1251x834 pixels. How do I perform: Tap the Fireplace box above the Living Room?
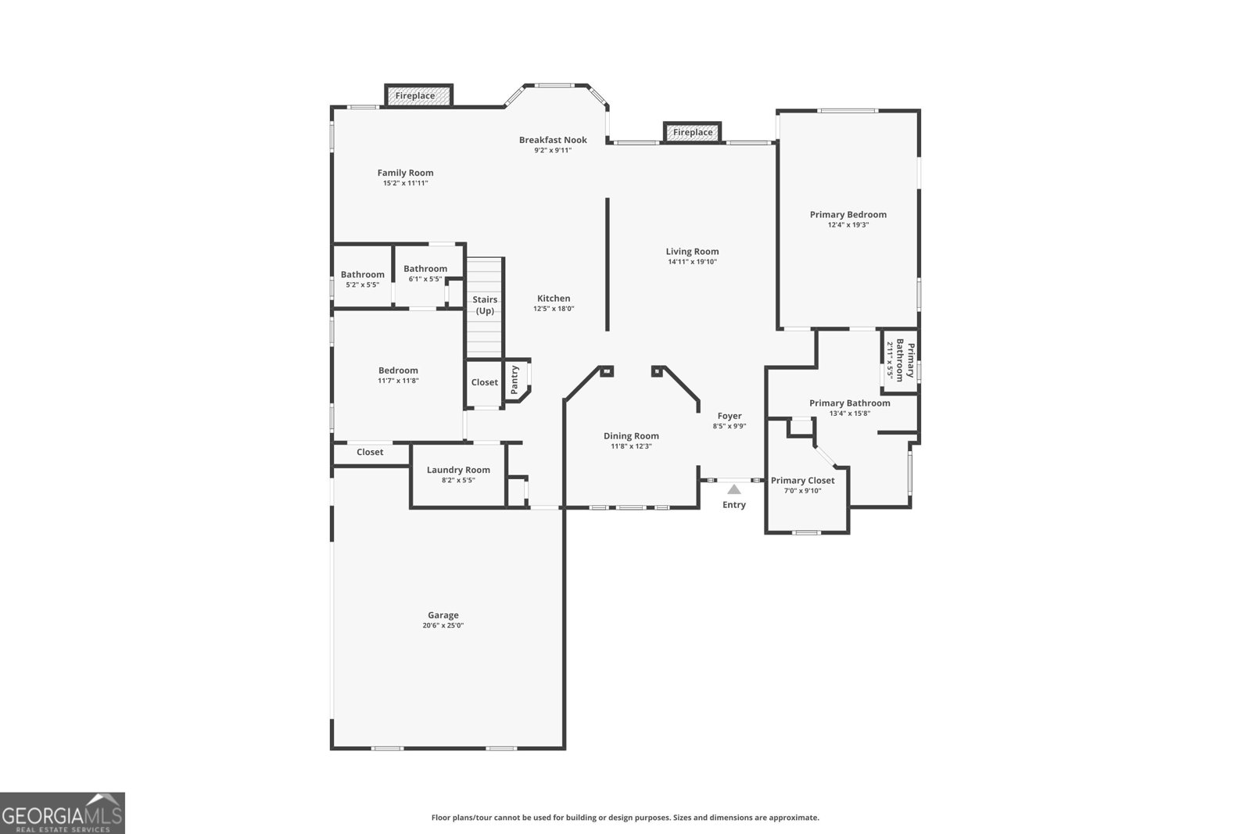(x=693, y=132)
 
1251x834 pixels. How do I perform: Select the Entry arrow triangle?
(x=733, y=490)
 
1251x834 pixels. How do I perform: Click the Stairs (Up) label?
(x=485, y=305)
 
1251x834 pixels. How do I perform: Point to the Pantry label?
(x=514, y=379)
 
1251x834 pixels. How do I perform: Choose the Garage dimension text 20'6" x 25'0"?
(x=443, y=625)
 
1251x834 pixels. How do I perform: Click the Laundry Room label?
(x=458, y=470)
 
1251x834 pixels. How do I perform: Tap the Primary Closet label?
(x=802, y=481)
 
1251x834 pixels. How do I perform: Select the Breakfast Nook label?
(x=553, y=140)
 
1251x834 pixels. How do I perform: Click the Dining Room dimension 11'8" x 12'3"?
(x=631, y=446)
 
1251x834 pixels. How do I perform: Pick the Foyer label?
(x=729, y=416)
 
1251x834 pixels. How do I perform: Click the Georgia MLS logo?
(x=62, y=813)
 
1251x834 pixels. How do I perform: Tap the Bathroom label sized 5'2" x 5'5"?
(x=362, y=274)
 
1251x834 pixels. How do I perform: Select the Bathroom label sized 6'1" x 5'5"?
(x=425, y=269)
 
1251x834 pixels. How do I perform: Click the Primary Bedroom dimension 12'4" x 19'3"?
(x=848, y=225)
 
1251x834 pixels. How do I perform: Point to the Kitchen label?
(x=554, y=298)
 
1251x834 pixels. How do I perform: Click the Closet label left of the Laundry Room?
(x=370, y=452)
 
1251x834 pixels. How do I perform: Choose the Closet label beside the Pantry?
(x=484, y=382)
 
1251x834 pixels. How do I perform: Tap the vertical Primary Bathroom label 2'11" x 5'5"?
(x=900, y=360)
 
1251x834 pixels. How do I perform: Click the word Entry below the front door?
(x=733, y=505)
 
